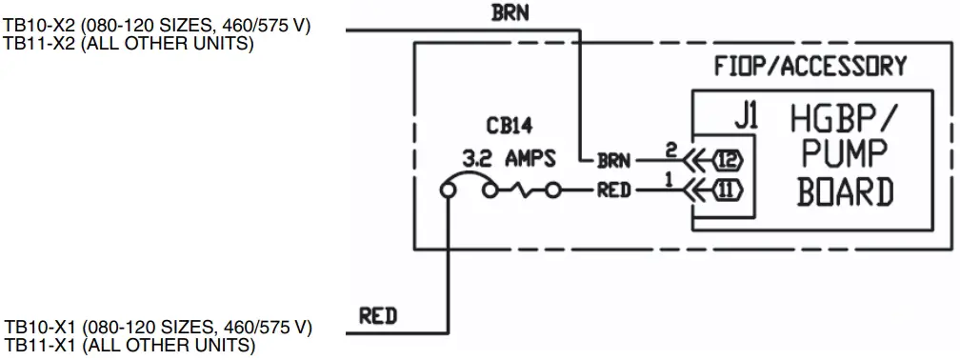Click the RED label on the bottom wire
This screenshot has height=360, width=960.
pyautogui.click(x=378, y=314)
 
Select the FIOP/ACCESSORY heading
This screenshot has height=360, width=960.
pyautogui.click(x=810, y=67)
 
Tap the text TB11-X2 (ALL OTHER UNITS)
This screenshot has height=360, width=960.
pyautogui.click(x=129, y=43)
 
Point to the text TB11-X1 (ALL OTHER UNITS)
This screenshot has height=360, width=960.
pyautogui.click(x=129, y=345)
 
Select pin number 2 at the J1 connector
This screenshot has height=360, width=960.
pyautogui.click(x=670, y=150)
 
